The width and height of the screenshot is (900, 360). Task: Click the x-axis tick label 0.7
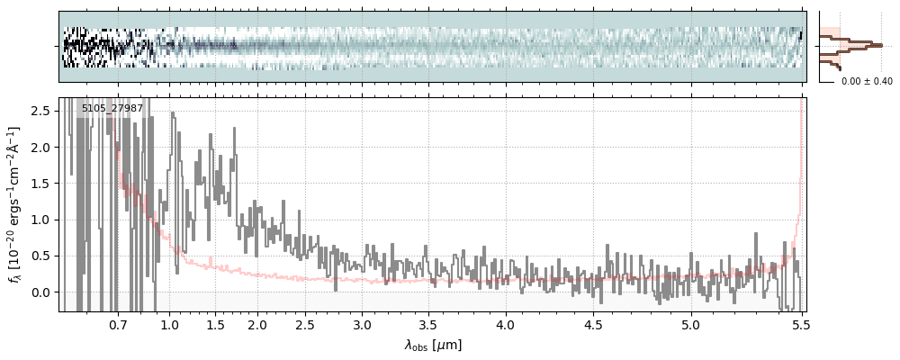tap(118, 324)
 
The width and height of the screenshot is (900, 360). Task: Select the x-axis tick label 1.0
tap(169, 324)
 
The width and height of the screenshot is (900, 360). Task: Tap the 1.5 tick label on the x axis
tap(216, 324)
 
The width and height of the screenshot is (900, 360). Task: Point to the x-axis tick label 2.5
tap(305, 324)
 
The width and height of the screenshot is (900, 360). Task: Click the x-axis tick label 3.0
tap(362, 324)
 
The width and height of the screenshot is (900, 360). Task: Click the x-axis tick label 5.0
tap(690, 324)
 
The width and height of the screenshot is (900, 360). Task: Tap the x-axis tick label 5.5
tap(796, 324)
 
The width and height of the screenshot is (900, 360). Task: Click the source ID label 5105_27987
tap(112, 109)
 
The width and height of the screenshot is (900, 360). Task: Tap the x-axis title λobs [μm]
tap(433, 345)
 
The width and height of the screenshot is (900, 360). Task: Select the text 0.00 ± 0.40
tap(867, 81)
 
